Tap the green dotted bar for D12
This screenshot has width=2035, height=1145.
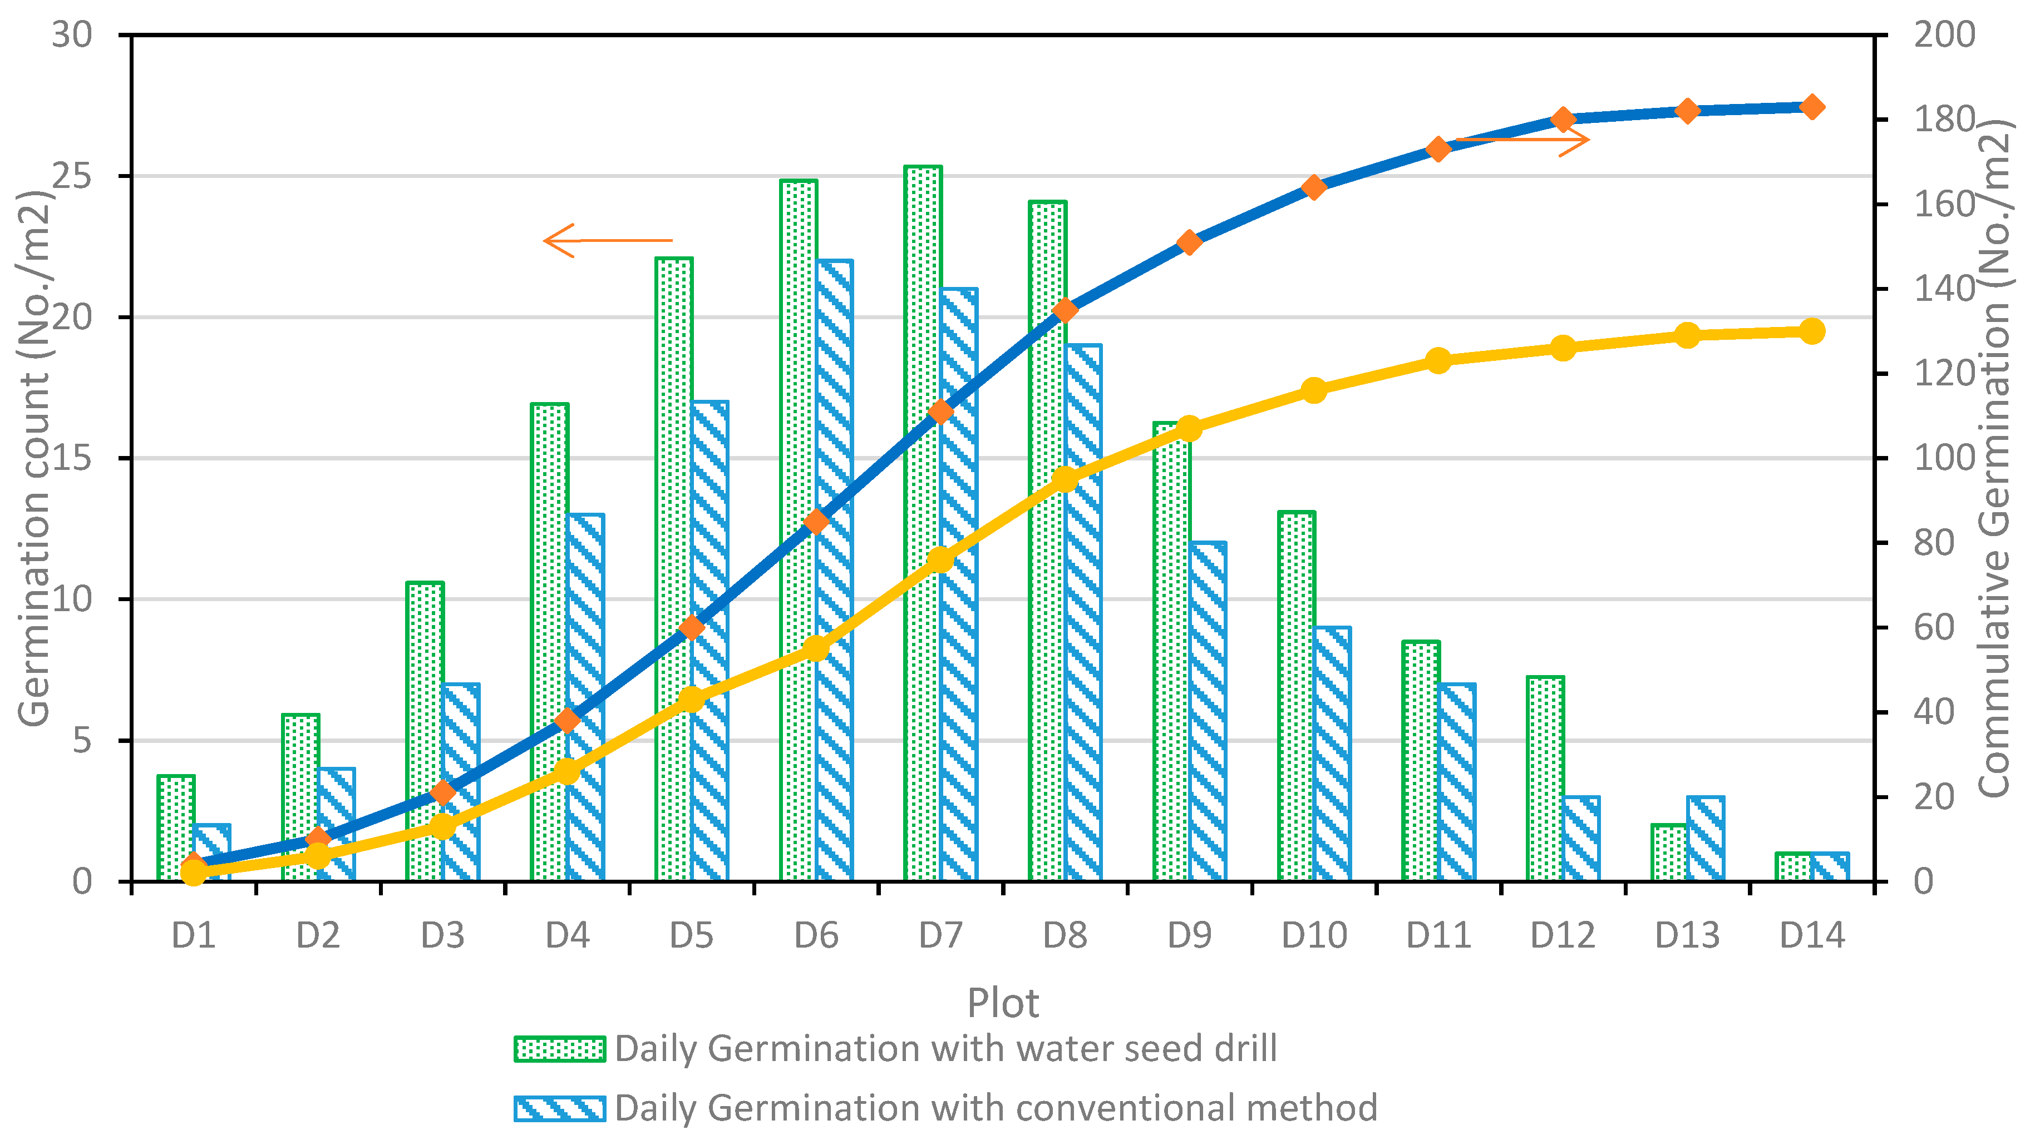[x=1545, y=778]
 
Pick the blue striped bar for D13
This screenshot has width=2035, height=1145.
[x=1706, y=839]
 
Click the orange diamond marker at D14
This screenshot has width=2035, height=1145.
[x=1812, y=107]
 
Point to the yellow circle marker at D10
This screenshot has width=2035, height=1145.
[x=1314, y=390]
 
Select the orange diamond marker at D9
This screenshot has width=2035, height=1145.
[x=1190, y=242]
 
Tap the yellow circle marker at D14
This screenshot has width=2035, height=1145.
[x=1812, y=331]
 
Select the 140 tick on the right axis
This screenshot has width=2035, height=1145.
[x=1943, y=289]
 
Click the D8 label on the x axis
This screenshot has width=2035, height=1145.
[x=1065, y=936]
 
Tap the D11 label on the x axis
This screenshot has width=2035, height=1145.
[x=1438, y=936]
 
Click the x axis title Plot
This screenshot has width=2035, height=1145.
[x=1003, y=1003]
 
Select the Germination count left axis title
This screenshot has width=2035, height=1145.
[x=33, y=458]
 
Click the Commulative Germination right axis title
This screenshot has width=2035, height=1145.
[x=1994, y=458]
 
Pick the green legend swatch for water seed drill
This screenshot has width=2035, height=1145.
[x=559, y=1049]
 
